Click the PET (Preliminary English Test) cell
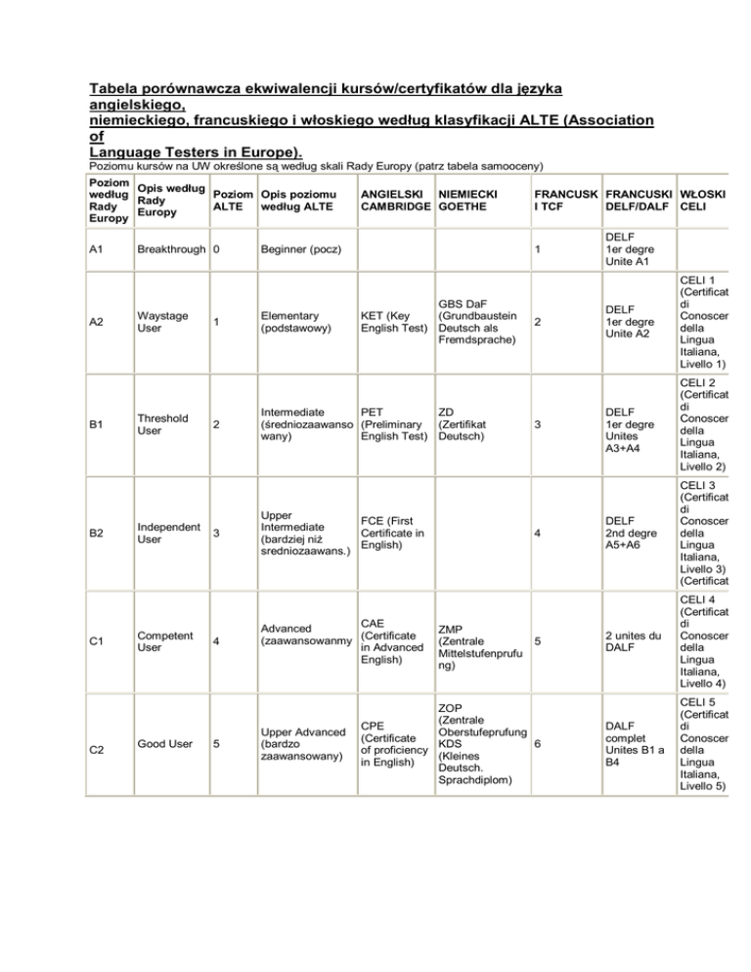[393, 421]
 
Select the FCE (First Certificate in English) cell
[392, 532]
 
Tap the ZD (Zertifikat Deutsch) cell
[463, 421]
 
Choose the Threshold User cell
[164, 424]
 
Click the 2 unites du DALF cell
[634, 641]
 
